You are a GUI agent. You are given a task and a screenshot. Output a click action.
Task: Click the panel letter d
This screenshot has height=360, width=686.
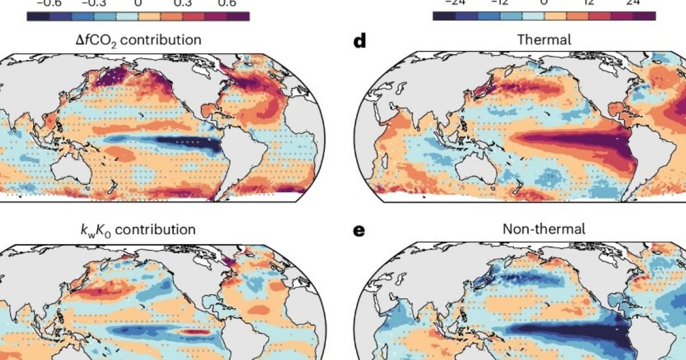[360, 42]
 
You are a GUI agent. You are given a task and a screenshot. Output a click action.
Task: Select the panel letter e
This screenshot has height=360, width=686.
[360, 230]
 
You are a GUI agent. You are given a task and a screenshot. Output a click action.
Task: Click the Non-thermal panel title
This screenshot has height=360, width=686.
[544, 229]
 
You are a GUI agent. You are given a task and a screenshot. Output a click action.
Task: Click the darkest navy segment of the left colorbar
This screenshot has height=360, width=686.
[38, 16]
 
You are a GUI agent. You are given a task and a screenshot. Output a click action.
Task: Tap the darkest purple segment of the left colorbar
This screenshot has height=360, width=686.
[238, 16]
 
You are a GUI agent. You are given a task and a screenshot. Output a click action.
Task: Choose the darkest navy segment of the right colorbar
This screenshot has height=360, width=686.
[444, 16]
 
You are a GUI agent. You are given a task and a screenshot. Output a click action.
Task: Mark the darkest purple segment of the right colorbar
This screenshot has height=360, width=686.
[644, 16]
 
